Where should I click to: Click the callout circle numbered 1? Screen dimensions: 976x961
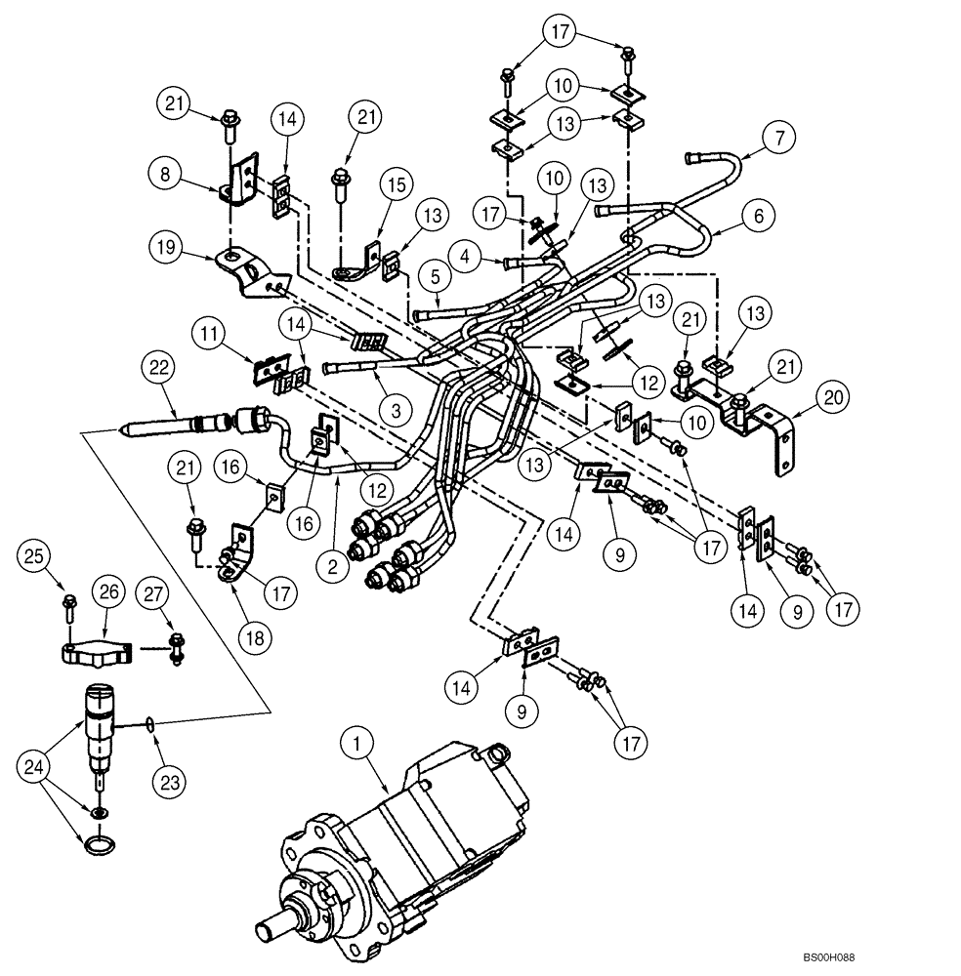click(357, 745)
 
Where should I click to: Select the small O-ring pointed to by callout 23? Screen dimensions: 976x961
click(146, 724)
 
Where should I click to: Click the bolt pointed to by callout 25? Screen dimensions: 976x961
click(68, 606)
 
